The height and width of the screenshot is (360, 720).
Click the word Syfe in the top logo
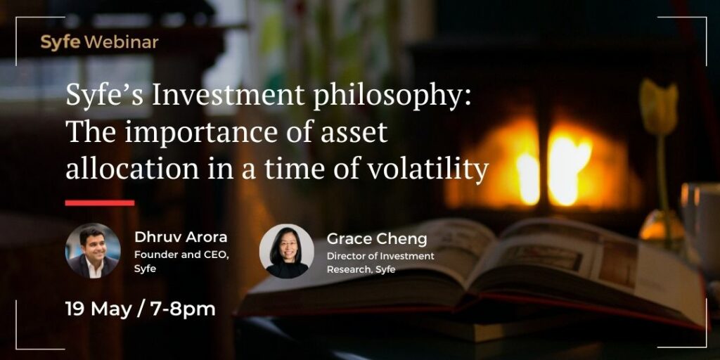point(60,43)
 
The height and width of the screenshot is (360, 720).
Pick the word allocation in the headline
point(133,169)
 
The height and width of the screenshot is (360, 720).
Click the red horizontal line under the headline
point(100,202)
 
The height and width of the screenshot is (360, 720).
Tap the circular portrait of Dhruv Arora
point(94,251)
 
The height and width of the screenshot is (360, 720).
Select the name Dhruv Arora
point(181,238)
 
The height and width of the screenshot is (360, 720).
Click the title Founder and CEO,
point(181,255)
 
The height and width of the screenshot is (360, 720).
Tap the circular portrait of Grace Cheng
point(287,251)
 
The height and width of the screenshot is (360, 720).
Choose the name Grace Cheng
point(377,239)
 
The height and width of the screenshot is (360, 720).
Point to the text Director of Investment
point(380,256)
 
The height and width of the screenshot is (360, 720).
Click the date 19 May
point(98,309)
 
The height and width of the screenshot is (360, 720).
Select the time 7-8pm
point(183,310)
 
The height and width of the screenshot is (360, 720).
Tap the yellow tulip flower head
point(659,107)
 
